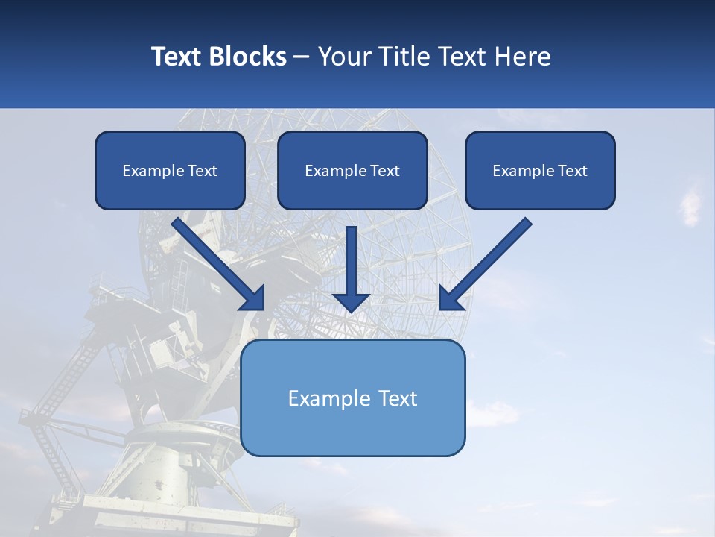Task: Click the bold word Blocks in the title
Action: (x=250, y=57)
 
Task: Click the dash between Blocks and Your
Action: (x=302, y=57)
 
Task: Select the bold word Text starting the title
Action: (x=179, y=57)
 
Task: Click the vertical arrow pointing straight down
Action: (x=352, y=261)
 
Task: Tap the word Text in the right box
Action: (x=571, y=171)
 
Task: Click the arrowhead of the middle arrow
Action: (x=352, y=302)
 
